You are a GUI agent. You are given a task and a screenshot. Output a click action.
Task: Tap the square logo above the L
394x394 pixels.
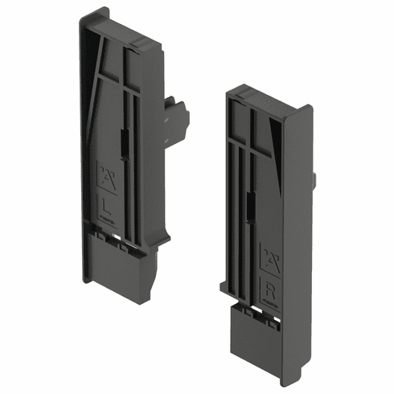[105, 174]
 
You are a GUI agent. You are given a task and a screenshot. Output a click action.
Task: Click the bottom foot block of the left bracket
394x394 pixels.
[117, 269]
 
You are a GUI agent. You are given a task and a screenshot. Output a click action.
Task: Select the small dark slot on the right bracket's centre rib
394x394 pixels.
[248, 211]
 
